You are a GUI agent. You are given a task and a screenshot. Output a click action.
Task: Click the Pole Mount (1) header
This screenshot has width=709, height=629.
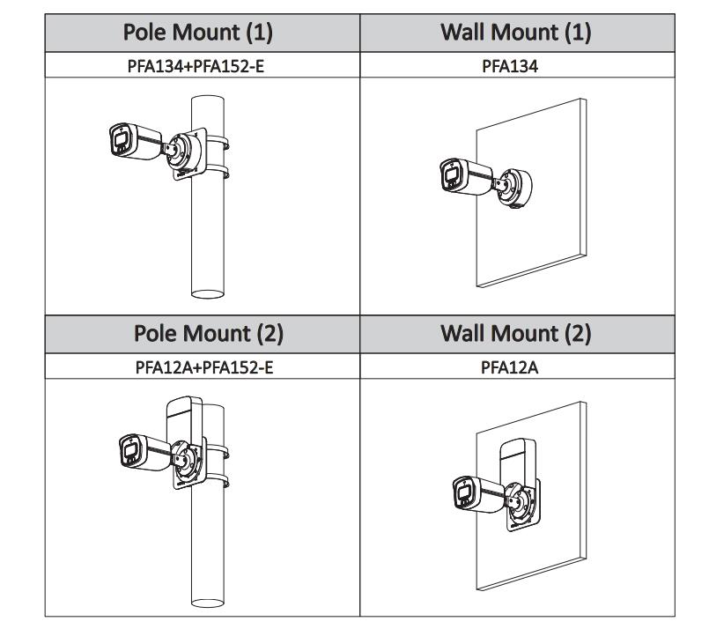(x=203, y=33)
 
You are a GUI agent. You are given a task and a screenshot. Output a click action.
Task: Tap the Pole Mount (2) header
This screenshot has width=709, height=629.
(x=203, y=335)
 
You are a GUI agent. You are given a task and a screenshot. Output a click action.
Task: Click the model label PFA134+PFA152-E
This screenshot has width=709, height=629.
(x=203, y=63)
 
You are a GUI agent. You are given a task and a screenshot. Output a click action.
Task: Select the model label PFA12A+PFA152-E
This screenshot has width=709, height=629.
(x=203, y=366)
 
